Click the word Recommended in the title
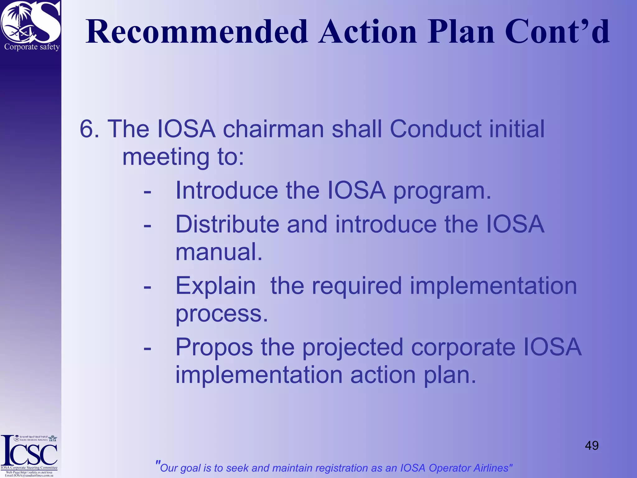click(197, 32)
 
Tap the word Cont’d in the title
click(557, 32)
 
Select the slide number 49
click(592, 445)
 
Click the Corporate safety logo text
click(32, 47)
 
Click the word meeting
click(166, 157)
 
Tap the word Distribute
click(227, 224)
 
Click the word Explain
click(215, 286)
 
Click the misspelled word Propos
click(214, 348)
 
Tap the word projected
click(353, 348)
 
